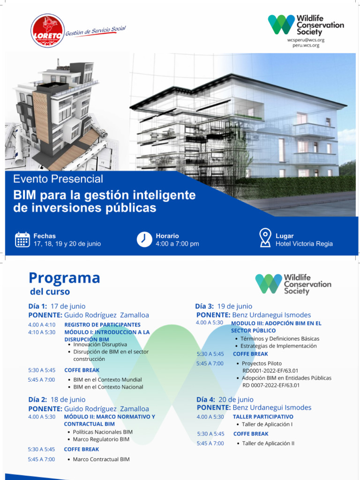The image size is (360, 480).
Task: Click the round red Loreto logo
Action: tap(47, 30)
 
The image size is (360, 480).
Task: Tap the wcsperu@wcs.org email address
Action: tap(306, 40)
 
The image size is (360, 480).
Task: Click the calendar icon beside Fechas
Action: tap(22, 240)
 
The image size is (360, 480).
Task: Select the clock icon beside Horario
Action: tap(144, 239)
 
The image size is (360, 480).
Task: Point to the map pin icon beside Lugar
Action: tap(265, 238)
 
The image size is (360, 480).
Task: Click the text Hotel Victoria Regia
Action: tap(304, 244)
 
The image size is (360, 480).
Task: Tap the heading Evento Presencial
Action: tap(58, 179)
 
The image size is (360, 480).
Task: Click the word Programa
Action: tap(64, 278)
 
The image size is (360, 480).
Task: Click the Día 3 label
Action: tap(206, 306)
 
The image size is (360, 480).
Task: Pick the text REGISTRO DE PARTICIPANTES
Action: tap(102, 324)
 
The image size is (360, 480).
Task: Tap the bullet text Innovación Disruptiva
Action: tap(100, 345)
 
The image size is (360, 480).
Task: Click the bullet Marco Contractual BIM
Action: tap(101, 459)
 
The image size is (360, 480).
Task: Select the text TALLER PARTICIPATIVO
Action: tap(263, 416)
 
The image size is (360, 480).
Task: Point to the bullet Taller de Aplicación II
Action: tap(268, 443)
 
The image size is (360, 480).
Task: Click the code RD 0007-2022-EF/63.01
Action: tap(271, 385)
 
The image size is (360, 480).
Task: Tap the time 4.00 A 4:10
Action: tap(42, 324)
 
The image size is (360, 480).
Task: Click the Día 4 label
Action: tap(206, 399)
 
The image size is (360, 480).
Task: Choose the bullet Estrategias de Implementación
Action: tap(278, 346)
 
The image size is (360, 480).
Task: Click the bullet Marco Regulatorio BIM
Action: tap(101, 439)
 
